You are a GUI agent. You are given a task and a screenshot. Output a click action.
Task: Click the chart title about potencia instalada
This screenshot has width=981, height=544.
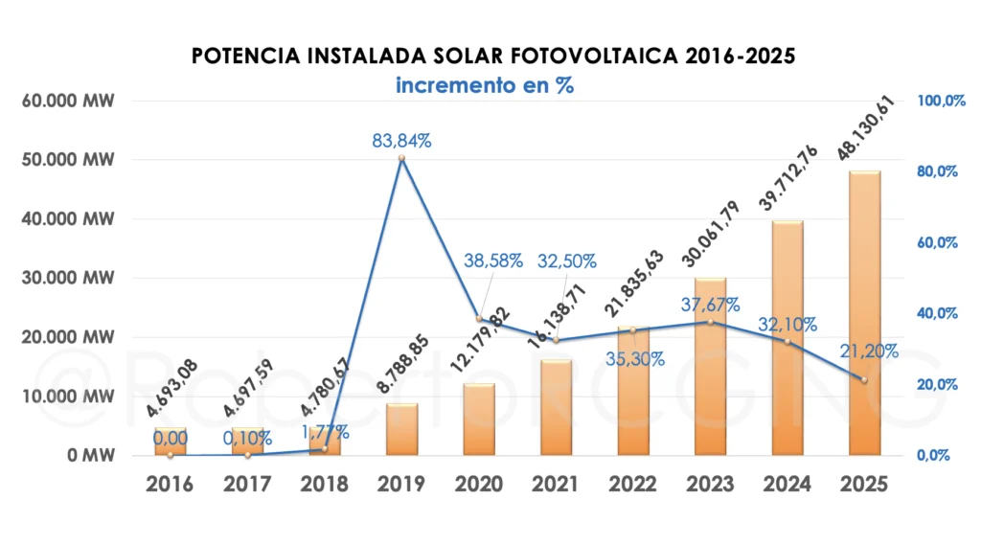[493, 56]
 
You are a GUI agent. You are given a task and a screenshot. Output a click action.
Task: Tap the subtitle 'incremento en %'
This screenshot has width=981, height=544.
[485, 84]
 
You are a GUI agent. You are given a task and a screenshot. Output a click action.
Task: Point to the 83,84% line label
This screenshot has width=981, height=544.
[402, 141]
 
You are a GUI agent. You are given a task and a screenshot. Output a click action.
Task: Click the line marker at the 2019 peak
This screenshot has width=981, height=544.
[402, 158]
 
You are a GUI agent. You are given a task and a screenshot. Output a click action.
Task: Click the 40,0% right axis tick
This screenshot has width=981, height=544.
[939, 313]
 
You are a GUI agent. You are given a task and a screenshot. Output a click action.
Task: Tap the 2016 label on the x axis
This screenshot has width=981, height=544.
[170, 484]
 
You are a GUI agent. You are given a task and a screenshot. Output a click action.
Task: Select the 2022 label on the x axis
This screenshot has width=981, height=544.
[633, 484]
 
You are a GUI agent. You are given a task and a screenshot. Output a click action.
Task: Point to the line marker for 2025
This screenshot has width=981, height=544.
[865, 380]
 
